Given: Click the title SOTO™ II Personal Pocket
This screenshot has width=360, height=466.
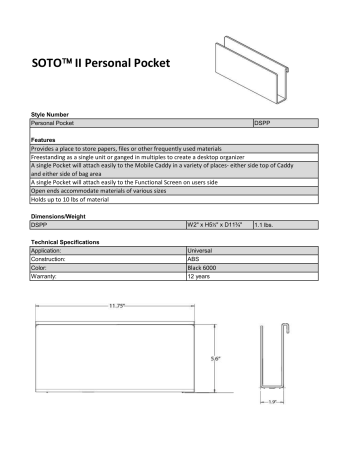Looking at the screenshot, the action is pos(93,63).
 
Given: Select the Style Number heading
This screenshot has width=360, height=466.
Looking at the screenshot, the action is pos(50,115).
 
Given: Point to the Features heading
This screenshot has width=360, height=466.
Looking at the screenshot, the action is pos(42,139).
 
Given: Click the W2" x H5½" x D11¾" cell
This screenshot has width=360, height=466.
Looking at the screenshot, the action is pos(217,226).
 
